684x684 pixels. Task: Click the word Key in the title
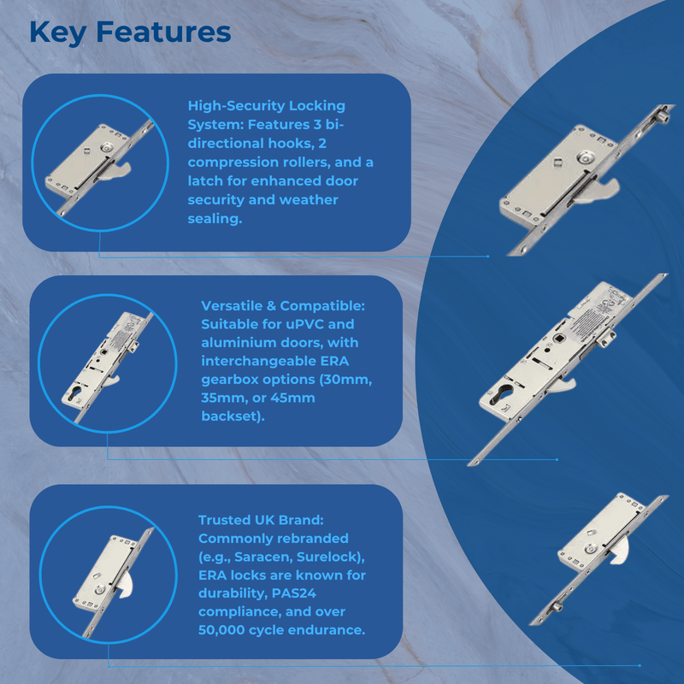pos(57,33)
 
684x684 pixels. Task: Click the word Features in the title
pos(163,32)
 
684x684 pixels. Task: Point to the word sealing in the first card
pos(215,219)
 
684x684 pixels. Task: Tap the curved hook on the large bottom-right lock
pos(621,550)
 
